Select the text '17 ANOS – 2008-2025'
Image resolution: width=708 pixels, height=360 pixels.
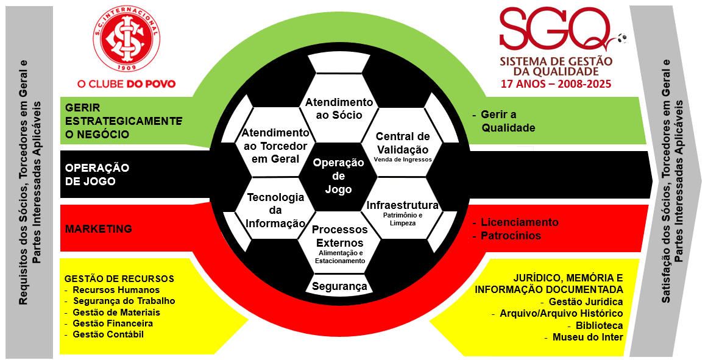(x=555, y=83)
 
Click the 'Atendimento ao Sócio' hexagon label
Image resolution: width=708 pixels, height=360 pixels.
(x=338, y=108)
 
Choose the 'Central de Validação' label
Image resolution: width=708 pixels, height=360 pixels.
(x=403, y=143)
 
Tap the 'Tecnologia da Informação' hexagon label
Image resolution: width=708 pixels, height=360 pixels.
(x=275, y=210)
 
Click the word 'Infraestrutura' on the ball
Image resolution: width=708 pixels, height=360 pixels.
(x=403, y=205)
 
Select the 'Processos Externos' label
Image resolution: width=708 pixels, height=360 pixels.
(x=339, y=236)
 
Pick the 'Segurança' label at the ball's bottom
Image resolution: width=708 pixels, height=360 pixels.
(x=339, y=286)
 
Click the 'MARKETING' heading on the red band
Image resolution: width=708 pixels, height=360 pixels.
(x=98, y=229)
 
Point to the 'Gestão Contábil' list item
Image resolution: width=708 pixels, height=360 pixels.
(x=108, y=334)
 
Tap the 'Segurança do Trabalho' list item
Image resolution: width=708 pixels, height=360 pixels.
(x=124, y=301)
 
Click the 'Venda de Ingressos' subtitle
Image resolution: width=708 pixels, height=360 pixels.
(x=403, y=160)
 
